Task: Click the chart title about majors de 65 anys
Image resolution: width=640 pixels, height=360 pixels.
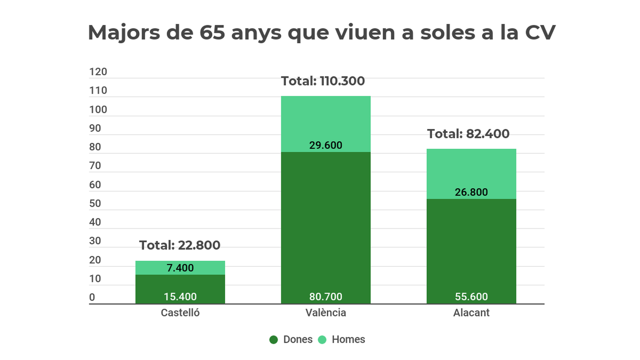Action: click(x=322, y=32)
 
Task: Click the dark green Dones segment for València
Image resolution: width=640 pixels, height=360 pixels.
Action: click(x=326, y=224)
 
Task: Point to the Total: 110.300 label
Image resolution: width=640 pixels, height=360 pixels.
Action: click(x=323, y=81)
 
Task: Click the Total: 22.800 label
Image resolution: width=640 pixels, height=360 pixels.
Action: click(x=180, y=245)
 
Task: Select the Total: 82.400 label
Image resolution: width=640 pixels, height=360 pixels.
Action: click(x=468, y=134)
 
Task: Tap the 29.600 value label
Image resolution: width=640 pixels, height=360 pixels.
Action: click(x=326, y=145)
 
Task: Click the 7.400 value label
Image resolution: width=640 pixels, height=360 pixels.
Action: click(x=180, y=268)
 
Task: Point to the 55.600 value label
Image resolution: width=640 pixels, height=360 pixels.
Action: click(x=471, y=297)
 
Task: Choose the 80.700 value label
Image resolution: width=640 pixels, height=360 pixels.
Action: click(x=326, y=297)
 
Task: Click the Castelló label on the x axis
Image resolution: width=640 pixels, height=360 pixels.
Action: click(x=180, y=313)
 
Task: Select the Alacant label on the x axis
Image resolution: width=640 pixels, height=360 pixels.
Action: click(x=471, y=313)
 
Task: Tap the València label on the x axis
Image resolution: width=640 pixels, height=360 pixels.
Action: click(x=326, y=313)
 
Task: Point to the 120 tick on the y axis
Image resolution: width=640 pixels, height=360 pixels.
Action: click(x=98, y=72)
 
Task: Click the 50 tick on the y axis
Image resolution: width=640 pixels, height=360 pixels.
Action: click(x=95, y=204)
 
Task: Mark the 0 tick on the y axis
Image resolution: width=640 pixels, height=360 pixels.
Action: click(x=92, y=298)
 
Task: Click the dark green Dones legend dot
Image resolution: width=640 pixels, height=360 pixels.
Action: click(x=274, y=340)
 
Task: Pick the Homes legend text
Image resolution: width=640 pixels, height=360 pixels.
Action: click(x=348, y=340)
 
